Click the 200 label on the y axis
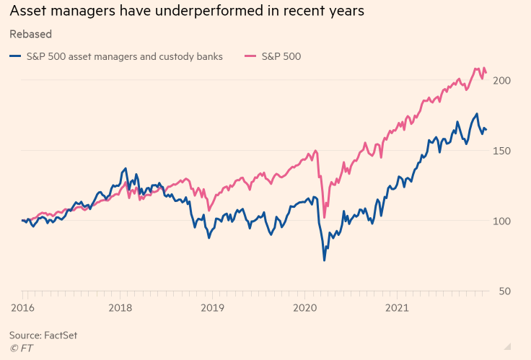tap(502, 80)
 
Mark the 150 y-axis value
tap(502, 150)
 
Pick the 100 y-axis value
tap(502, 221)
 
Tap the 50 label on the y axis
tap(505, 291)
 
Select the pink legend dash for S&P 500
tap(250, 56)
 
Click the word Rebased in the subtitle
tap(30, 34)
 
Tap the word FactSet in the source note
tap(61, 335)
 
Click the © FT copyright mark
tap(21, 348)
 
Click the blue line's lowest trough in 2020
tap(324, 260)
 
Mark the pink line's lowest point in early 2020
tap(325, 217)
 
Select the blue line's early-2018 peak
tap(126, 169)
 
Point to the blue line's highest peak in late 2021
tap(476, 114)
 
